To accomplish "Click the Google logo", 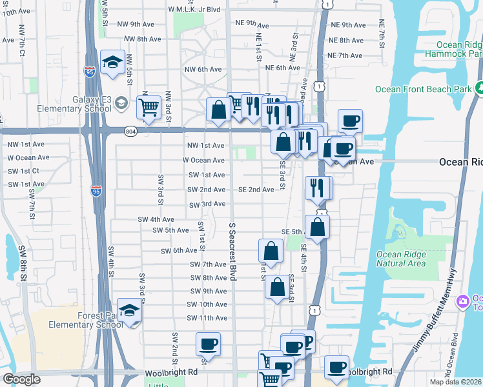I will click(x=21, y=379).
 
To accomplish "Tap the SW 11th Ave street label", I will click(x=207, y=318).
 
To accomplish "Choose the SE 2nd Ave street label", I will click(x=256, y=190).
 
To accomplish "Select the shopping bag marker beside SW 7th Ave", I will click(x=271, y=252).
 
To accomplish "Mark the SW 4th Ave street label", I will click(x=156, y=219).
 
